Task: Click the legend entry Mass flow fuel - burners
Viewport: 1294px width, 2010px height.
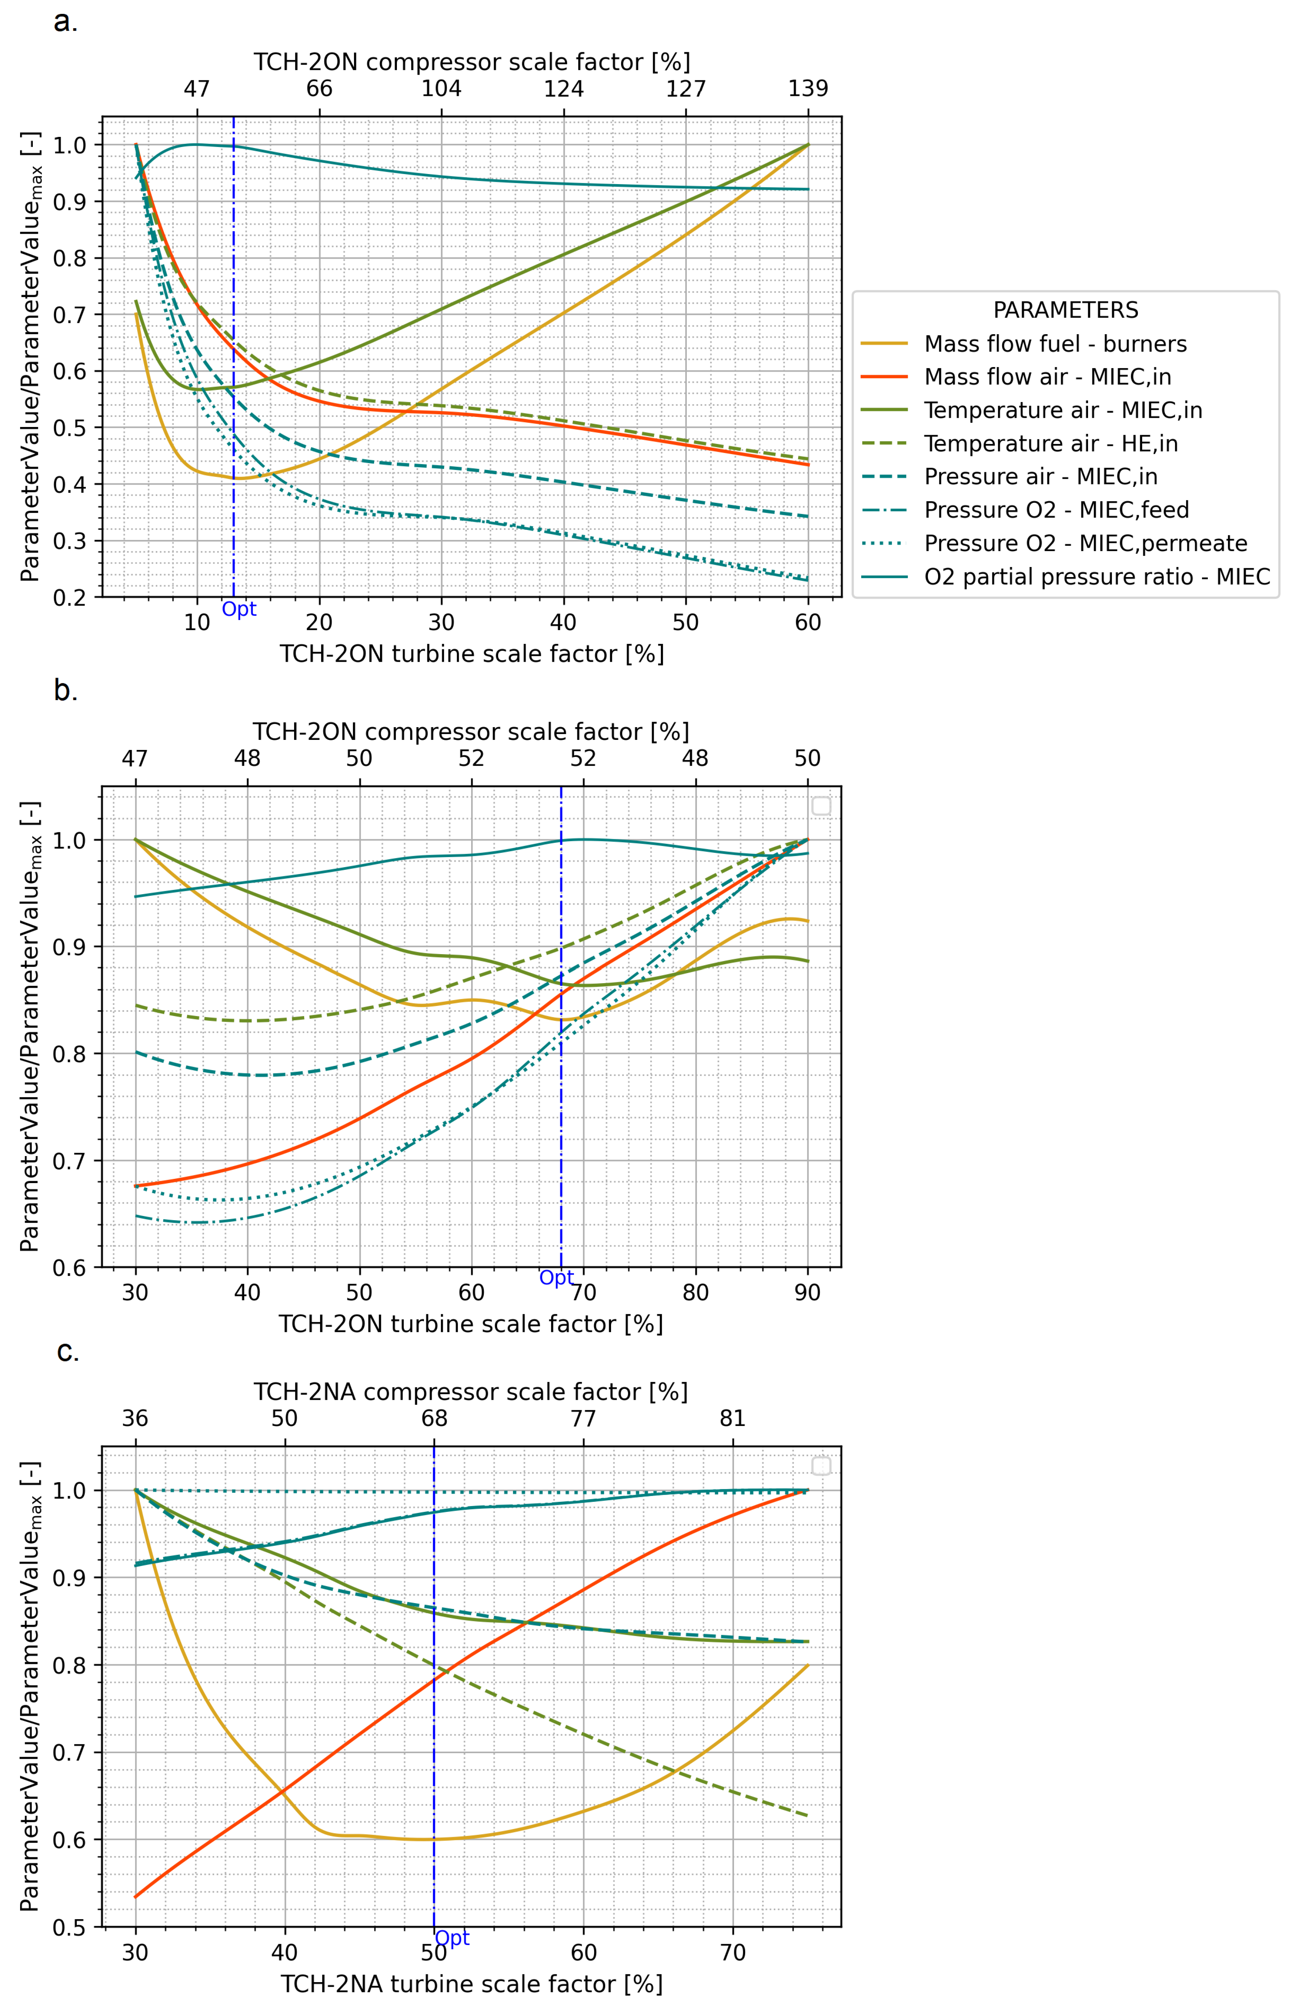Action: pos(1054,344)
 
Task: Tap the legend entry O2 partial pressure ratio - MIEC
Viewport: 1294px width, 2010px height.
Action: pos(1096,577)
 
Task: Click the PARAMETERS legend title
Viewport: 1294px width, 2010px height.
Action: pos(1066,310)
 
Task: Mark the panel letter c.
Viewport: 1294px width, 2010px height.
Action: pos(67,1352)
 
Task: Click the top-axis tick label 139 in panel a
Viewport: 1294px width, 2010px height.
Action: pos(807,88)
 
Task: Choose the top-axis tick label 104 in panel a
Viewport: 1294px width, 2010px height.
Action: pos(441,88)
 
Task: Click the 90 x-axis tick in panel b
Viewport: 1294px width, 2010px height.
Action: pos(807,1293)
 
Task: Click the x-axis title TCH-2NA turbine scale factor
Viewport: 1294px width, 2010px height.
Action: pos(472,1984)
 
